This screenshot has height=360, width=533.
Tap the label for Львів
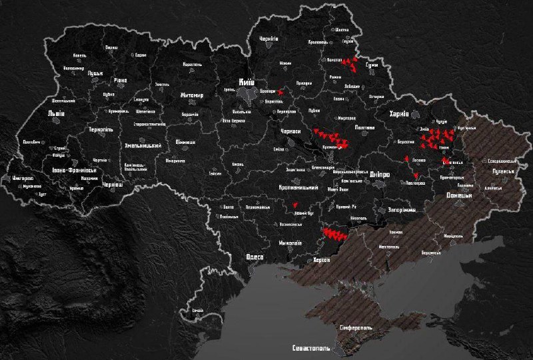click(56, 113)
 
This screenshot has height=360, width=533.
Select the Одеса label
click(255, 257)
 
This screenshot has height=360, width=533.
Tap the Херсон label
click(321, 259)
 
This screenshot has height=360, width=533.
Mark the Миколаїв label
click(290, 243)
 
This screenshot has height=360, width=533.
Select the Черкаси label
click(291, 132)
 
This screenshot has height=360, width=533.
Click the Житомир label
click(191, 95)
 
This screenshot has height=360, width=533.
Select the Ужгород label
click(23, 179)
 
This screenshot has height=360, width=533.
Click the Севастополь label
click(310, 349)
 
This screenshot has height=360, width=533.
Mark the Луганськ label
click(504, 171)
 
